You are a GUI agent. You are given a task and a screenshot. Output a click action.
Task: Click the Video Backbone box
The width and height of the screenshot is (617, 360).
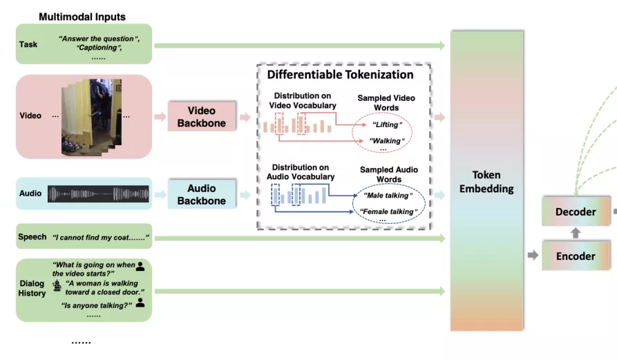pos(201,116)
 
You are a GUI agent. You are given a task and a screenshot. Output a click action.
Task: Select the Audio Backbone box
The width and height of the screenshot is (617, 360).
pos(201,194)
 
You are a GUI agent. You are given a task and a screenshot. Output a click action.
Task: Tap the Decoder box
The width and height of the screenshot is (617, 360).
pos(575,212)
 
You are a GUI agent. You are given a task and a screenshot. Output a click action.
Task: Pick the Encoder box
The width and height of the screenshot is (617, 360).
pos(575,256)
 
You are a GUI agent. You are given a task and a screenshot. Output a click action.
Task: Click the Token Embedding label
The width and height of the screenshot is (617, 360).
pos(486,181)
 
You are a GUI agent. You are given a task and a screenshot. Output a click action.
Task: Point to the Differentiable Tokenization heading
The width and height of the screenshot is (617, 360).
pos(340,75)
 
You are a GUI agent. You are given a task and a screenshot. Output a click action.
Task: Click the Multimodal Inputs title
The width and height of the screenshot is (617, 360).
pos(82,16)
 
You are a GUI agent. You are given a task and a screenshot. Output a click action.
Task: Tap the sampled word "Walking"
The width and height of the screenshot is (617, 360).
pos(386,141)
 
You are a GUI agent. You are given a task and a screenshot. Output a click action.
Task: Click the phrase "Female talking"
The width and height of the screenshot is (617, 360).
pos(387,211)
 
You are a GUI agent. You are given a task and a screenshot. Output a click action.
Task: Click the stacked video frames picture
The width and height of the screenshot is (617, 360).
pos(92,116)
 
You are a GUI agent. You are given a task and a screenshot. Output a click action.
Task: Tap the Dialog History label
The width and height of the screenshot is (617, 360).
pos(32,288)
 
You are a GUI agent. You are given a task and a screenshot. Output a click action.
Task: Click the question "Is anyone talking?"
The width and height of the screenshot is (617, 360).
pos(97,305)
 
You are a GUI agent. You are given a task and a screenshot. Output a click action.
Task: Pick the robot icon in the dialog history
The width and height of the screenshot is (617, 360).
pos(57,285)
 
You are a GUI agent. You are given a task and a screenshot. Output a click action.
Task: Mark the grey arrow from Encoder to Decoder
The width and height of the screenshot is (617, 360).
pos(575,234)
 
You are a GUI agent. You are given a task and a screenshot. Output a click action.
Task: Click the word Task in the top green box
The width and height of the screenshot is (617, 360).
pos(28,44)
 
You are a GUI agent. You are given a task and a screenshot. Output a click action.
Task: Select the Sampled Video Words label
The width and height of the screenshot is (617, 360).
pos(386,103)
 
